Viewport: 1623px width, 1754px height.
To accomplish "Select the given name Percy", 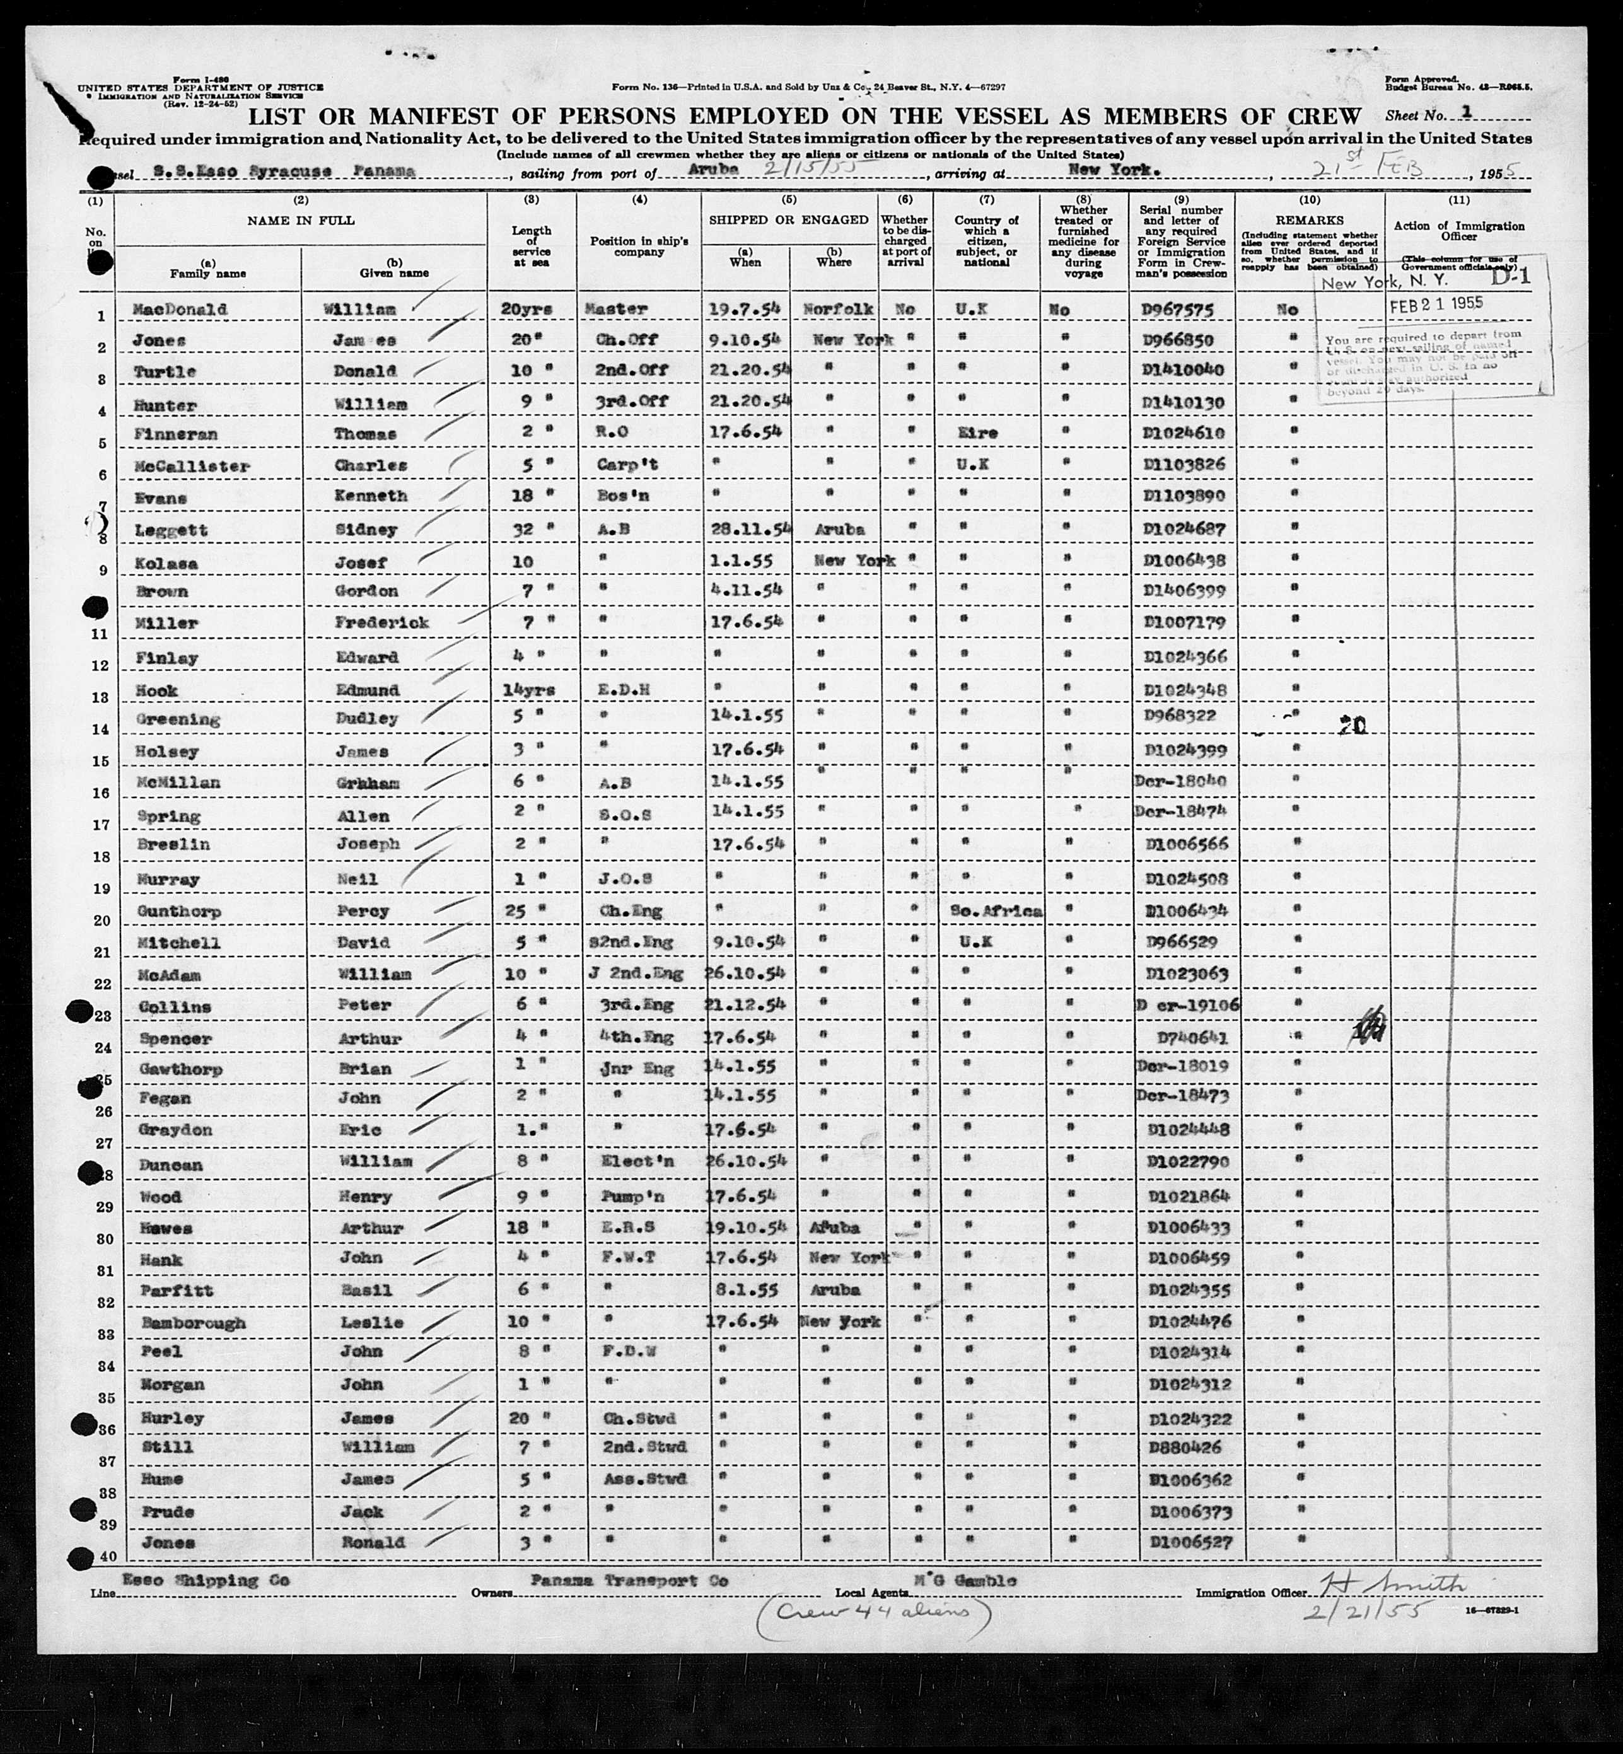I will coord(362,911).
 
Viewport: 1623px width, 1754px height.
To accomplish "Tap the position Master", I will coord(615,309).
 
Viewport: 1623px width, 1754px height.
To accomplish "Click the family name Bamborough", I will coord(192,1323).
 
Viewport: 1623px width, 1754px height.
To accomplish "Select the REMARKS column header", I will coord(1310,221).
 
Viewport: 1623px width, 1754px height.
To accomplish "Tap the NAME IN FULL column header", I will coord(301,221).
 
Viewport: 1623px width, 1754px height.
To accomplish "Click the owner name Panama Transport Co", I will coord(629,1580).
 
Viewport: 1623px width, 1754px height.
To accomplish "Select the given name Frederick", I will coord(381,623).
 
